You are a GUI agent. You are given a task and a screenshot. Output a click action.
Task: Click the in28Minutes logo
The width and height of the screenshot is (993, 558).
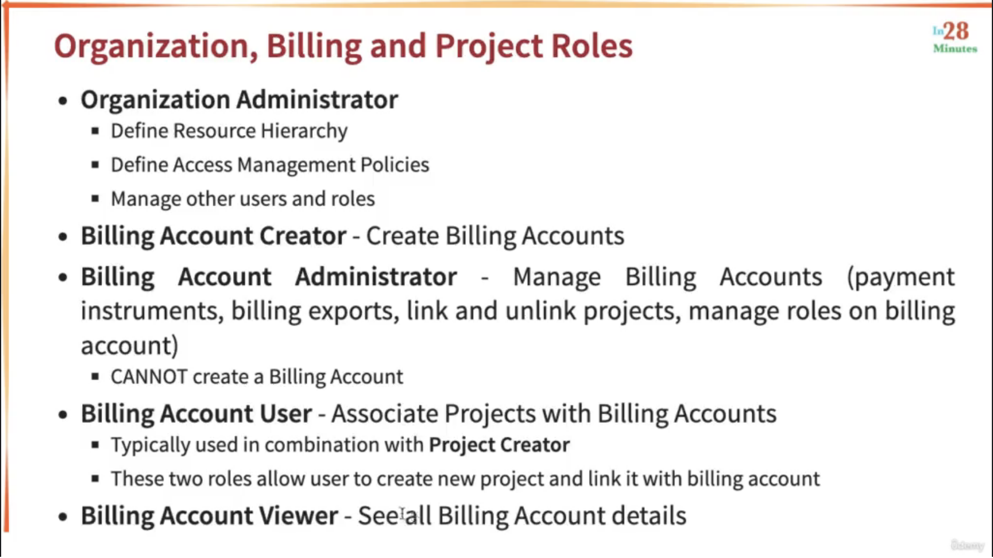coord(955,38)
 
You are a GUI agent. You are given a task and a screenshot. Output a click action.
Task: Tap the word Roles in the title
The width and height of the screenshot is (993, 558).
coord(591,46)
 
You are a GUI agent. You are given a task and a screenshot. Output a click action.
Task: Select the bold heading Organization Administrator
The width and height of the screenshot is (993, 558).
coord(240,99)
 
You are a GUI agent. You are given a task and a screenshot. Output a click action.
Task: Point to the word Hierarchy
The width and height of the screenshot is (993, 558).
coord(304,131)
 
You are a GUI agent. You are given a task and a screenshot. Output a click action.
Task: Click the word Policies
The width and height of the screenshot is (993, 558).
coord(395,164)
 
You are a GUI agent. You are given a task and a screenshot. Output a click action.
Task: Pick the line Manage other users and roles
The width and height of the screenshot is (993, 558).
coord(243,199)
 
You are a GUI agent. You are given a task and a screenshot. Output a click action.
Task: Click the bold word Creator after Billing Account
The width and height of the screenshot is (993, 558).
coord(302,235)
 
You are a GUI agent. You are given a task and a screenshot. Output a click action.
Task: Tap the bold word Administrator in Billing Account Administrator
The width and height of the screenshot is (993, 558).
coord(376,277)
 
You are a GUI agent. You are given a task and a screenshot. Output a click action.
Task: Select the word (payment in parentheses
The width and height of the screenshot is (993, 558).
coord(901,278)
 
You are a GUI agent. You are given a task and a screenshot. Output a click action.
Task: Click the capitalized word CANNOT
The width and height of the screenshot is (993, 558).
coord(149,377)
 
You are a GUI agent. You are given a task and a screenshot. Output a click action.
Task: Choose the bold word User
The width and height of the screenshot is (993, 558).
coord(286,414)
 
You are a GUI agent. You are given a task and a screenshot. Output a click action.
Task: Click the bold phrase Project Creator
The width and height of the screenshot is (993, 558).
coord(499,445)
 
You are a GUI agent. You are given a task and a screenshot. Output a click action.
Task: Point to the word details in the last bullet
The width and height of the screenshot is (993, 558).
coord(649,515)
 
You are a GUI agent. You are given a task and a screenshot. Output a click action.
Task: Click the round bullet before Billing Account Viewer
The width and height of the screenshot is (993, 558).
coord(63,517)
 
